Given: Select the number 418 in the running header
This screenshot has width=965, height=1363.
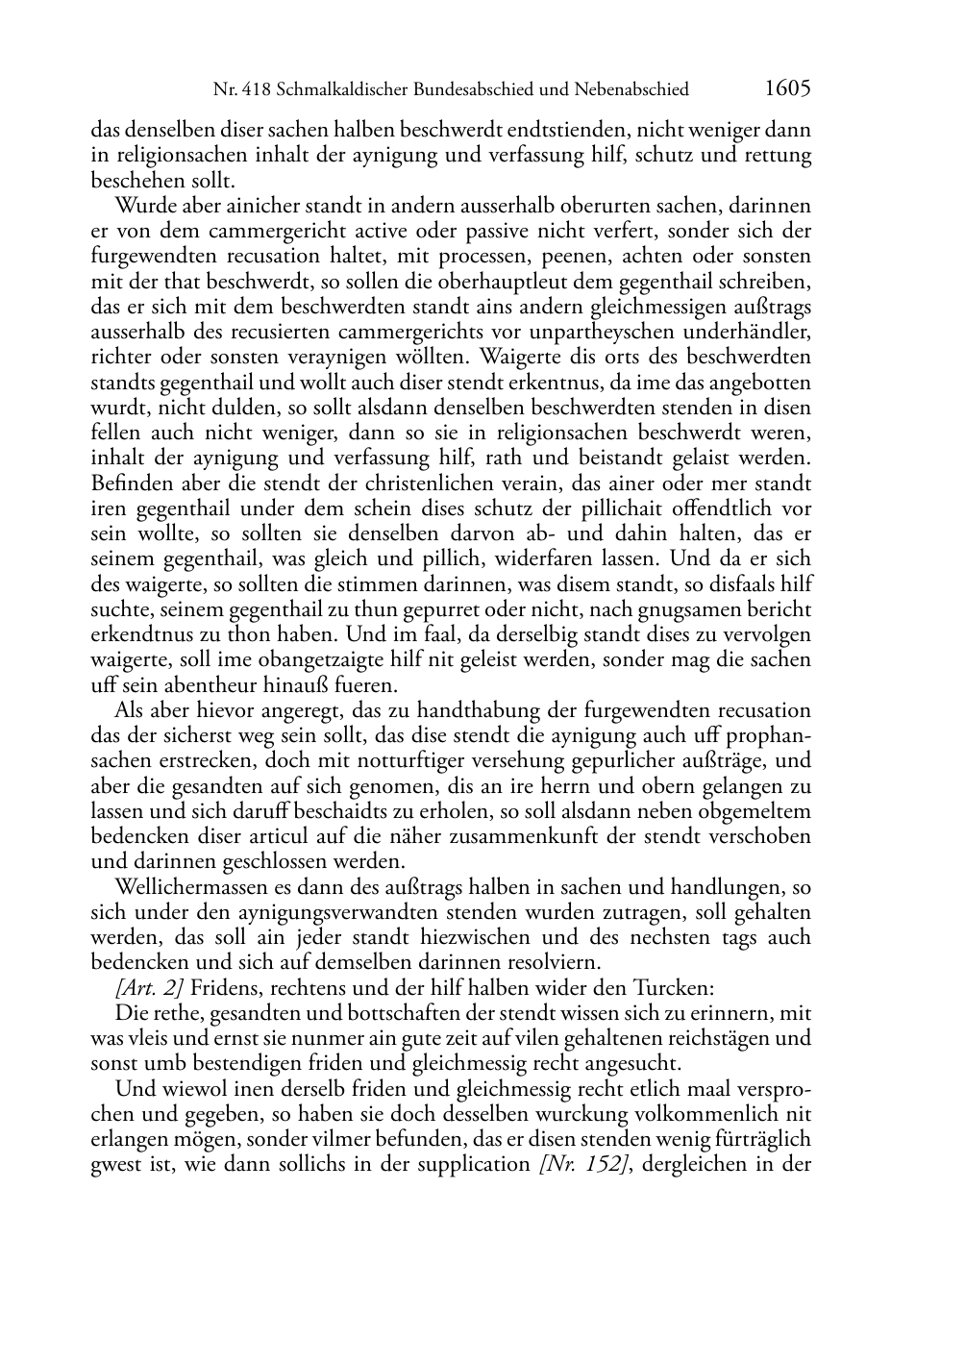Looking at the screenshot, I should (x=254, y=90).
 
